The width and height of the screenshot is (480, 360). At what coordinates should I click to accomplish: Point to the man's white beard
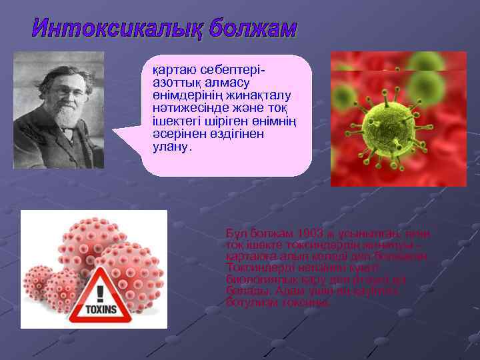[66, 114]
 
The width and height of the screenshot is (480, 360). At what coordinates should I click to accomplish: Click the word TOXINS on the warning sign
[99, 309]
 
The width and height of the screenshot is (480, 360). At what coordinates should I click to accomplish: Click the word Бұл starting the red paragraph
[236, 234]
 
